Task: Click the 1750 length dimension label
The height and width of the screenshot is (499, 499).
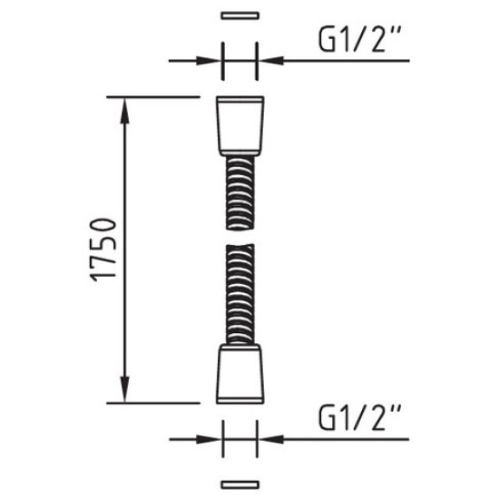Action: coord(103,249)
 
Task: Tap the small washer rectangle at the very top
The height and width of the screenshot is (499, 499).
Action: coord(240,15)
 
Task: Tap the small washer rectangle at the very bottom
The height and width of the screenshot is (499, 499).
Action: coord(240,484)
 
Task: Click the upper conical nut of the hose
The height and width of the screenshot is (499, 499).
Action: coord(240,126)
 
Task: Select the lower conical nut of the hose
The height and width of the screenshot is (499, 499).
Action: coord(240,374)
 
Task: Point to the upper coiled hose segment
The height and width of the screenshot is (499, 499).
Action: coord(240,193)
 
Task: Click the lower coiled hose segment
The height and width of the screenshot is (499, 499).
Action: coord(240,294)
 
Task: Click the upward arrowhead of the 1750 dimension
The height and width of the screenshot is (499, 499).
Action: coord(125,111)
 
